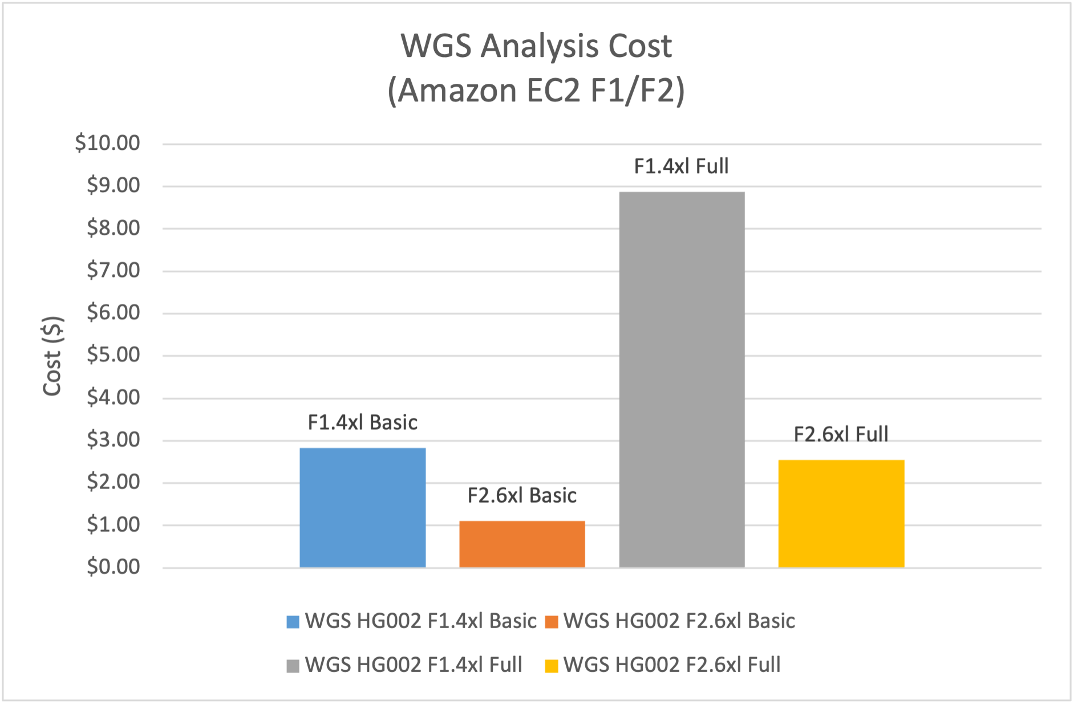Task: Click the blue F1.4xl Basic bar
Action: (x=362, y=507)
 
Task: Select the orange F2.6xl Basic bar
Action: (x=522, y=544)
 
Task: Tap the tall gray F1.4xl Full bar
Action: (x=682, y=379)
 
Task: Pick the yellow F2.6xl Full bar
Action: (x=841, y=513)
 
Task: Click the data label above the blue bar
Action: (x=362, y=422)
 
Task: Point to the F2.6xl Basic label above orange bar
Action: (x=522, y=495)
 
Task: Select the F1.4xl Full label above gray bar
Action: (x=682, y=166)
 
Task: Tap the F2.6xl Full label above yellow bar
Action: (x=841, y=434)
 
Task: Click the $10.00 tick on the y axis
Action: (x=107, y=143)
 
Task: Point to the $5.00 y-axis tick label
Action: (x=113, y=355)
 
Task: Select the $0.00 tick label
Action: (x=113, y=567)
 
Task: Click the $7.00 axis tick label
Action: (x=113, y=270)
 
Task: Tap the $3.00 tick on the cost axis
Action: (x=113, y=440)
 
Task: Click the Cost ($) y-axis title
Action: (x=52, y=356)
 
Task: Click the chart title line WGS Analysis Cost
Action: (x=536, y=46)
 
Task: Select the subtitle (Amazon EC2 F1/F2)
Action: (x=536, y=90)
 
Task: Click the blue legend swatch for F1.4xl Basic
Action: (x=293, y=622)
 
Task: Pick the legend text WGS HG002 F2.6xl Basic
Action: (x=679, y=621)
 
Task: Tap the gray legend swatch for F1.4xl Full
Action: (x=293, y=666)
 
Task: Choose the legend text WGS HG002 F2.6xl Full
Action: (x=671, y=665)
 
